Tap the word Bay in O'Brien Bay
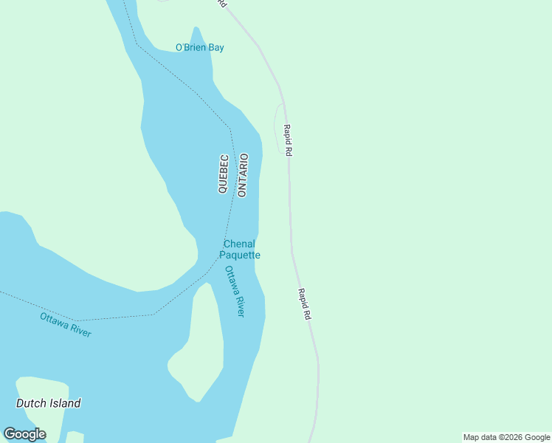(215, 48)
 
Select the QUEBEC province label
(223, 174)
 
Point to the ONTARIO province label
(243, 175)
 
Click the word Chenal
(239, 244)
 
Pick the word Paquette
(240, 255)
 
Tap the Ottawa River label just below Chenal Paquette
(235, 291)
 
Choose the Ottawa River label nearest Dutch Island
(66, 325)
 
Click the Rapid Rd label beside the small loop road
(289, 140)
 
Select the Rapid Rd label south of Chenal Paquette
(305, 303)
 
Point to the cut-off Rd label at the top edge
(222, 4)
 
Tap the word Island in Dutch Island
(64, 403)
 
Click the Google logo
(24, 434)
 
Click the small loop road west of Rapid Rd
(277, 126)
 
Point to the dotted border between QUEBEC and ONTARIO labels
(233, 175)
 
